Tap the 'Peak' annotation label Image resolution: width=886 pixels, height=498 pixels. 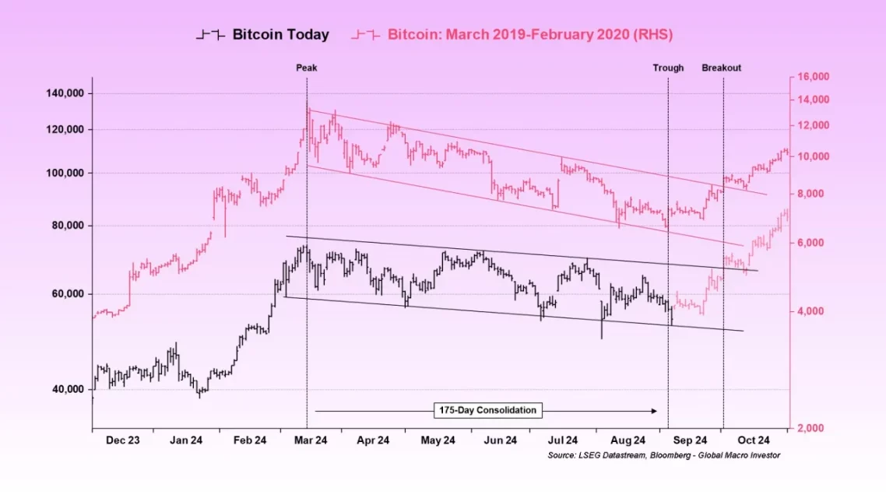(306, 68)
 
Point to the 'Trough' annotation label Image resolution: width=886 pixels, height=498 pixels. (668, 68)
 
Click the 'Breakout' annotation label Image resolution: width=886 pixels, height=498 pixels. (722, 68)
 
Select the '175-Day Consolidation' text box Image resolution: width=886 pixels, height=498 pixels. (487, 410)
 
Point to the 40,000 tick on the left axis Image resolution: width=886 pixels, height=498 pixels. (67, 390)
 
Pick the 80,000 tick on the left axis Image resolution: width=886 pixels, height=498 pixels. (67, 226)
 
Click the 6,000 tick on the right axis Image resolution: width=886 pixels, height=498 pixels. (812, 243)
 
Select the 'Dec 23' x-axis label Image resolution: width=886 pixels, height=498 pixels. (123, 440)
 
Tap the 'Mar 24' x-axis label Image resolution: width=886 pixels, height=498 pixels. (310, 440)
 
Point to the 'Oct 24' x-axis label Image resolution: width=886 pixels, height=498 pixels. (754, 440)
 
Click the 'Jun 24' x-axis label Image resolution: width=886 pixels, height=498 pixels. (501, 440)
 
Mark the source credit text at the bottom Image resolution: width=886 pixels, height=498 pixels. (663, 455)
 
